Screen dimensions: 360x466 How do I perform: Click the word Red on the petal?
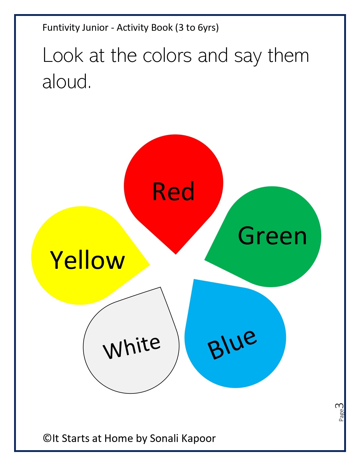(173, 191)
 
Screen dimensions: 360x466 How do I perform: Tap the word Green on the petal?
(272, 236)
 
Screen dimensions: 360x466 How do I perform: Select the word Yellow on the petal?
(87, 260)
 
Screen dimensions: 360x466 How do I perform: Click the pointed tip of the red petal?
(176, 254)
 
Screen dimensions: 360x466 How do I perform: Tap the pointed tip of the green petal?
(205, 260)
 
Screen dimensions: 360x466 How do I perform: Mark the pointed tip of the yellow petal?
(149, 265)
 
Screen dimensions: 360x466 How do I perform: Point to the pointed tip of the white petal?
(160, 287)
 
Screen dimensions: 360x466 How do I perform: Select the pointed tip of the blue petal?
(194, 279)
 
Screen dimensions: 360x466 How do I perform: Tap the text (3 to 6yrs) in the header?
(197, 28)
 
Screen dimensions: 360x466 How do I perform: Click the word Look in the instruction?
(63, 55)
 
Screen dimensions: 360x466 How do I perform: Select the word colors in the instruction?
(167, 56)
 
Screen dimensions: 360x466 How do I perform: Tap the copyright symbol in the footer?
(47, 438)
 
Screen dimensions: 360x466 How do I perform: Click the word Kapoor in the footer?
(199, 439)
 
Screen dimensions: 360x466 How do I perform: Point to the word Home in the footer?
(119, 438)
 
